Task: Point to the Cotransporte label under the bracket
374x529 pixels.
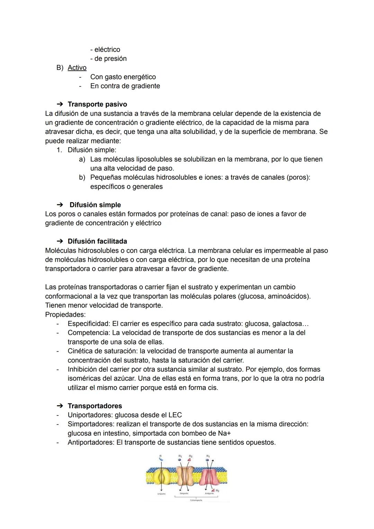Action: coord(196,500)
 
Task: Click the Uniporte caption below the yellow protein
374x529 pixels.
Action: coord(161,494)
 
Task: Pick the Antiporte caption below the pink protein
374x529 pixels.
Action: coord(209,493)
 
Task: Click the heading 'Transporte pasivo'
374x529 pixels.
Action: coord(97,104)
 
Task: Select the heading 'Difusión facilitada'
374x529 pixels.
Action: coord(97,241)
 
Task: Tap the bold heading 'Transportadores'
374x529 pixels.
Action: coord(95,406)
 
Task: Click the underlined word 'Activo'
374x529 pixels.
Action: coord(77,68)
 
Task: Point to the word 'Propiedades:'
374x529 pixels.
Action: coord(65,315)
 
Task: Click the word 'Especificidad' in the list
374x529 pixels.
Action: coord(88,324)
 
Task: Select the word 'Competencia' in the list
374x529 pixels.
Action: coord(88,333)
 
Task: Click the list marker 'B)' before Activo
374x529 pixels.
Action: coord(60,68)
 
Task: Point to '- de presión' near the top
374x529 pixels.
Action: coord(108,59)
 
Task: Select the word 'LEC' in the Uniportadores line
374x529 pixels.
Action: coord(175,415)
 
